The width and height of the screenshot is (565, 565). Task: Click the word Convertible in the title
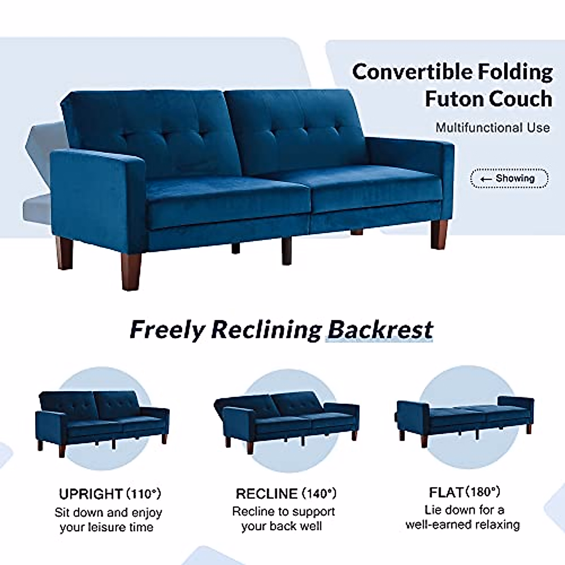coord(412,72)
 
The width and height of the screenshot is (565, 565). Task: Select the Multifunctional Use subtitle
coord(492,128)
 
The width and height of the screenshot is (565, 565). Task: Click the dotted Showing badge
coord(509,178)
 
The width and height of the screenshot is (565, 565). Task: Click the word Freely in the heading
coord(167,330)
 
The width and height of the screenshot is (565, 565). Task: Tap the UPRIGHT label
coord(90,494)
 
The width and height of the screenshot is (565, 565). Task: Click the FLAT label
coord(446,492)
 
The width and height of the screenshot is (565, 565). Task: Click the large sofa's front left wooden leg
coord(131,271)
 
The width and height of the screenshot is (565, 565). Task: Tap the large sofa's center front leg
coord(286,251)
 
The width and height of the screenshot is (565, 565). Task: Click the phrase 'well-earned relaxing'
coord(462,525)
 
